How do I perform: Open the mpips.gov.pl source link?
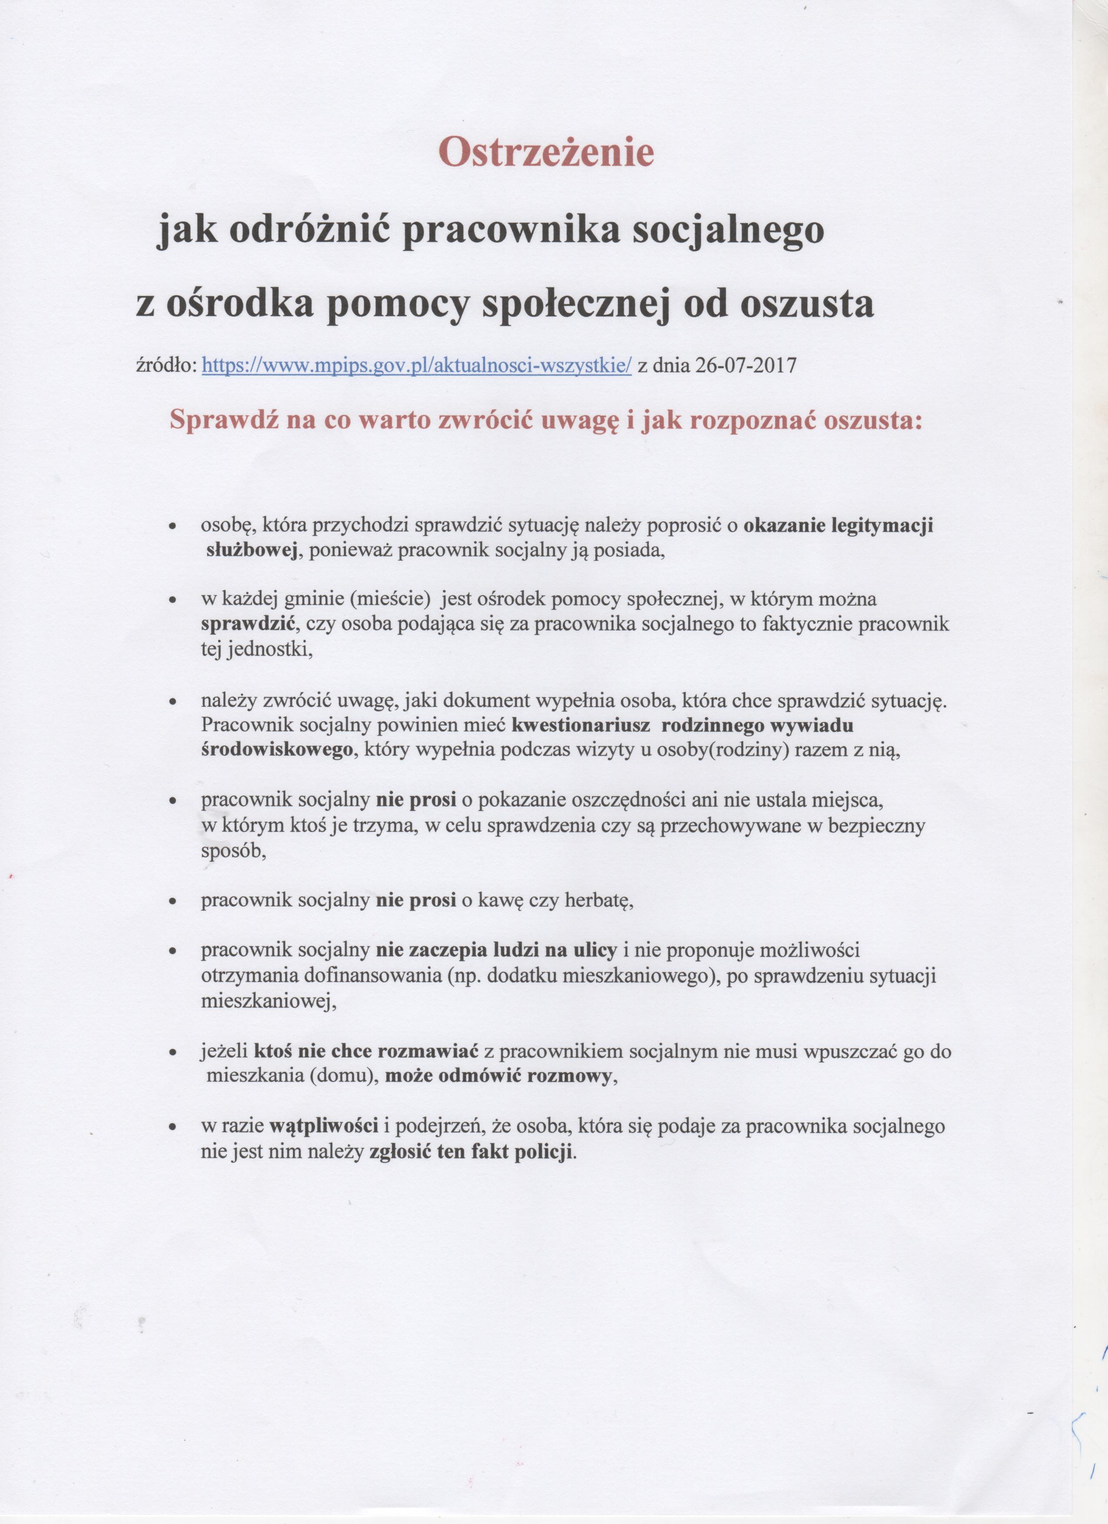click(417, 366)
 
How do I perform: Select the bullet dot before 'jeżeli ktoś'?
click(173, 1053)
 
